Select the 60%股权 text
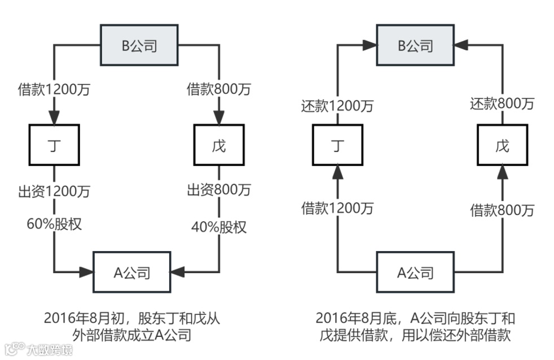point(54,224)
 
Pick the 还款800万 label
point(502,103)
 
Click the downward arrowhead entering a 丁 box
point(54,120)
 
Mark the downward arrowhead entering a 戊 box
point(219,120)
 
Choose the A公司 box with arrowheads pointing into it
point(132,273)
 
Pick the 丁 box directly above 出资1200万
point(54,146)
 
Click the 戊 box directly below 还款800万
point(502,146)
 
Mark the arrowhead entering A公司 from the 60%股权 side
point(88,273)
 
